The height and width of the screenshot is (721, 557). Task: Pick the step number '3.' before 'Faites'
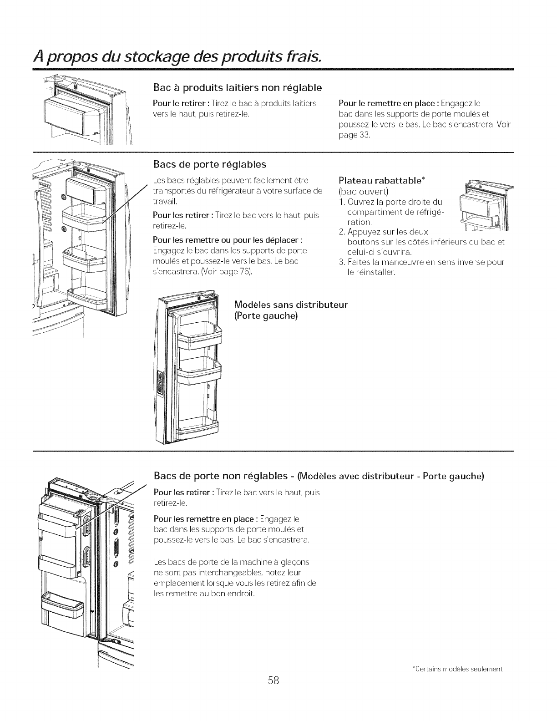pos(342,263)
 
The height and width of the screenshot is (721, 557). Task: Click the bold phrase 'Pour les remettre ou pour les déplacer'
pos(228,240)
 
